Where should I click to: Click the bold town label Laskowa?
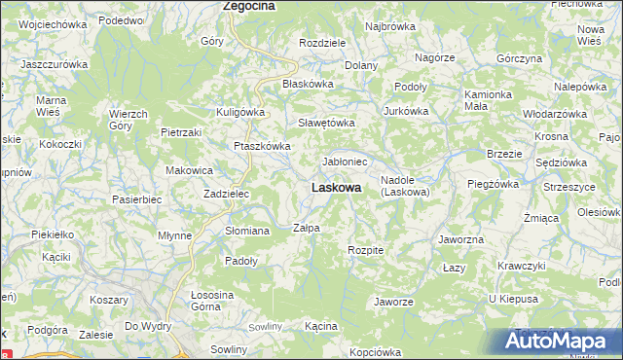(x=337, y=187)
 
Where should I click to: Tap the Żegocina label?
(x=249, y=6)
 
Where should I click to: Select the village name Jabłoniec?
(x=345, y=162)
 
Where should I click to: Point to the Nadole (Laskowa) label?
(x=405, y=186)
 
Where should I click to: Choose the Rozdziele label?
(x=323, y=44)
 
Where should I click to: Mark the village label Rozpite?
(x=366, y=250)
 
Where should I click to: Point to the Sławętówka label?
(x=326, y=123)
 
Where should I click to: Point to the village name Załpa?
(x=307, y=228)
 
